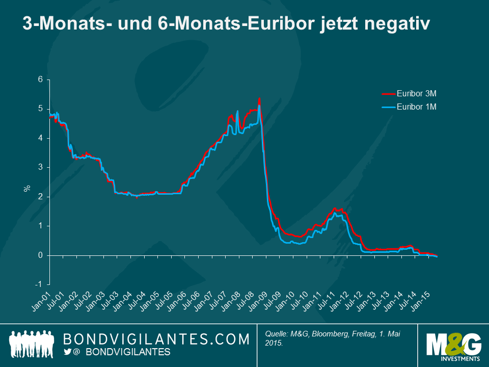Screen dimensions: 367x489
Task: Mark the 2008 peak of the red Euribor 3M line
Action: pyautogui.click(x=260, y=98)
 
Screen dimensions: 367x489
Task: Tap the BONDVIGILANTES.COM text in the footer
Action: pyautogui.click(x=157, y=339)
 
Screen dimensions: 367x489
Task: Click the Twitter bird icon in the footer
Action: pyautogui.click(x=67, y=352)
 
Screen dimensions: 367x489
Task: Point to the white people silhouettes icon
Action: pyautogui.click(x=32, y=344)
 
